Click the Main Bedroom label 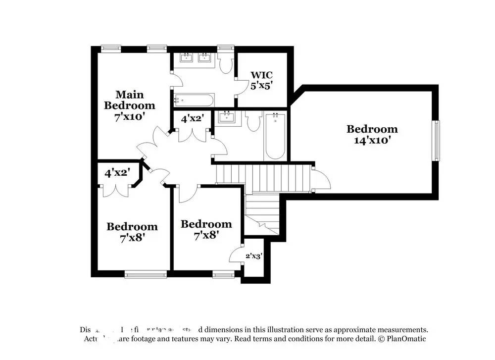(x=129, y=100)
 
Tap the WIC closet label (x=261, y=75)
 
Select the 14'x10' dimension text (x=372, y=140)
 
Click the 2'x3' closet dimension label (x=253, y=256)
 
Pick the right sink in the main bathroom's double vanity (x=204, y=58)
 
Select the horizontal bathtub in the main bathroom (x=194, y=100)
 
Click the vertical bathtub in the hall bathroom (x=275, y=136)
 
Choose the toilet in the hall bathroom (x=253, y=121)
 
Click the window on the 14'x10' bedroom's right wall (x=436, y=141)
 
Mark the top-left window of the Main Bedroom (x=111, y=48)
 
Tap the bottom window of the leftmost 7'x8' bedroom (x=146, y=274)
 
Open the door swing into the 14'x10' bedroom (x=321, y=179)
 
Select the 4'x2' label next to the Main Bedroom (x=192, y=119)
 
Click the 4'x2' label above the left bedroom (x=117, y=173)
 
